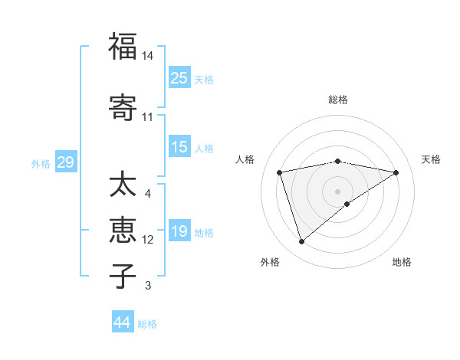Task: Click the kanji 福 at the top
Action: pos(123,47)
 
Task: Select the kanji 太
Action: pos(123,185)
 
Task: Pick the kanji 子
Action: pos(123,276)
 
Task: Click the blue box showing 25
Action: pos(179,77)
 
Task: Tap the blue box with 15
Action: pos(179,147)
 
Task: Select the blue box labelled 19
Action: pos(179,231)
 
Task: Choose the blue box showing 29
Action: pos(65,162)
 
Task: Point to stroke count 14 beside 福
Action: pos(148,56)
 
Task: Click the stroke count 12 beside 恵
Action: pos(148,240)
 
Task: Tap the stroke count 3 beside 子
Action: pos(148,286)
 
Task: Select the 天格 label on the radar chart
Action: pos(431,159)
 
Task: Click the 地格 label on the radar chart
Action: pos(402,262)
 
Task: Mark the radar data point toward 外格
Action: pos(302,242)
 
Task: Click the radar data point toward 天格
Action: pos(396,172)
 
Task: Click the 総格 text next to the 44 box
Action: pos(147,324)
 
